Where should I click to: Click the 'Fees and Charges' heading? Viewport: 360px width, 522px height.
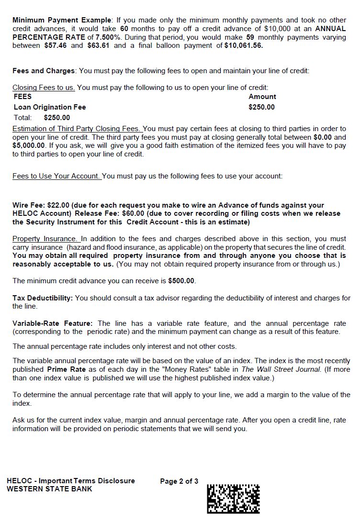(x=44, y=71)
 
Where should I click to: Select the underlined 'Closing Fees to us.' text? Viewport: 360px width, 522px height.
(x=44, y=88)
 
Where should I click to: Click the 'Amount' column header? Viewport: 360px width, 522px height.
(x=262, y=97)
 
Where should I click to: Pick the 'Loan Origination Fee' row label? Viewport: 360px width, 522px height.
(x=50, y=107)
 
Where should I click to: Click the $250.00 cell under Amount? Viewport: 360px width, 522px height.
(x=261, y=107)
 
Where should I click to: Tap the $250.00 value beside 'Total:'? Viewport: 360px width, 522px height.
(x=56, y=118)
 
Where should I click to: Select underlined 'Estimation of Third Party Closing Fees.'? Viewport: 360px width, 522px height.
(x=77, y=129)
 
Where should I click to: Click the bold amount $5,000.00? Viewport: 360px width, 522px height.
(x=29, y=146)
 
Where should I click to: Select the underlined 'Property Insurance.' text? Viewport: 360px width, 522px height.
(x=45, y=239)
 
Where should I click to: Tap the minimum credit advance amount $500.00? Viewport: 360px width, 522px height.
(x=181, y=281)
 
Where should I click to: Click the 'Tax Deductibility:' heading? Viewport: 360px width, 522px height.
(x=43, y=298)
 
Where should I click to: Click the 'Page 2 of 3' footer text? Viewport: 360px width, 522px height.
(x=179, y=481)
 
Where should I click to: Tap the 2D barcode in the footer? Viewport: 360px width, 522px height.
(x=233, y=499)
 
